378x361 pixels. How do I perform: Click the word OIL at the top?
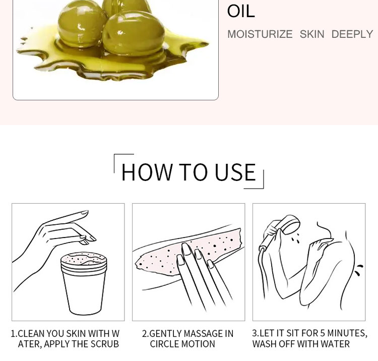pyautogui.click(x=241, y=11)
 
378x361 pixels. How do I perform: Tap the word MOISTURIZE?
pyautogui.click(x=260, y=34)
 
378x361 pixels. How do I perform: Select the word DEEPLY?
pyautogui.click(x=352, y=34)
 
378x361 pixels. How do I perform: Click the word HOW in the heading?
pyautogui.click(x=147, y=172)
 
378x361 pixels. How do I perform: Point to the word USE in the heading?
pyautogui.click(x=235, y=172)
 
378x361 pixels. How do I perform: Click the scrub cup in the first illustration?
pyautogui.click(x=84, y=283)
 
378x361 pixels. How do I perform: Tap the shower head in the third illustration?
pyautogui.click(x=291, y=224)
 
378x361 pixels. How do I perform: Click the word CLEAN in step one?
pyautogui.click(x=31, y=334)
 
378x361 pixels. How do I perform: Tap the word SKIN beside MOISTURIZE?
pyautogui.click(x=312, y=34)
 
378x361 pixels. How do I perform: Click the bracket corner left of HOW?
pyautogui.click(x=114, y=154)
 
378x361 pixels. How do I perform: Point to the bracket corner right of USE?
pyautogui.click(x=263, y=188)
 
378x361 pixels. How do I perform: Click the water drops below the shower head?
pyautogui.click(x=295, y=238)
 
